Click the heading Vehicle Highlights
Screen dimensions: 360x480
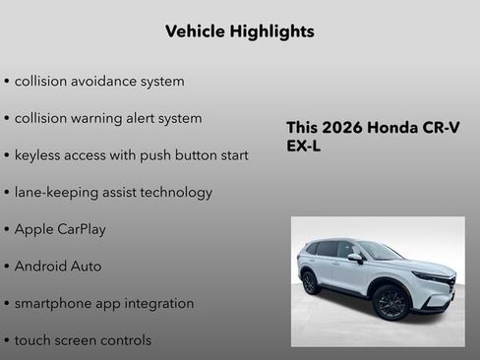[x=240, y=31]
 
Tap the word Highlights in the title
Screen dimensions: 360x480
[x=274, y=31]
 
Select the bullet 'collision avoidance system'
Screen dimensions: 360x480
[x=98, y=81]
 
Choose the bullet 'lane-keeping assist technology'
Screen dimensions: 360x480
[x=113, y=192]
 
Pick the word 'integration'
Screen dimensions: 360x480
[x=161, y=303]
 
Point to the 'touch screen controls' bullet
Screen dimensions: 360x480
[x=83, y=340]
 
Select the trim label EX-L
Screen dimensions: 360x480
[x=304, y=147]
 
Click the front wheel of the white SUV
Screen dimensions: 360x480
[x=390, y=303]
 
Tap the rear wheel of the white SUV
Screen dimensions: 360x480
[x=310, y=282]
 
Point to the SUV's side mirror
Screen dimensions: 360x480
[x=354, y=258]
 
